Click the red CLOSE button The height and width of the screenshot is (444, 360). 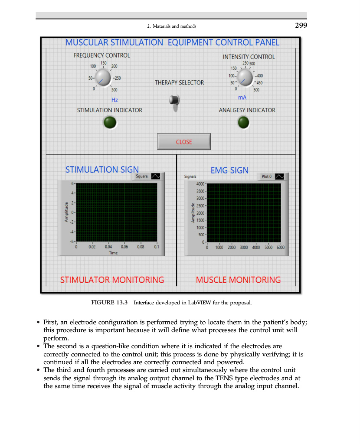pos(184,142)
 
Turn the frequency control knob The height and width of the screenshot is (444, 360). pos(102,78)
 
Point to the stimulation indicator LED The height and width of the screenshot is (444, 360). pos(110,123)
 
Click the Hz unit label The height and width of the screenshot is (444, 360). pos(115,100)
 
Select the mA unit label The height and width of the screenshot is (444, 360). pos(242,98)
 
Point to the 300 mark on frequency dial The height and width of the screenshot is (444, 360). pos(114,90)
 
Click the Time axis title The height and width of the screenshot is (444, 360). pos(113,252)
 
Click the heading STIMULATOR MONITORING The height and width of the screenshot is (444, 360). pos(112,280)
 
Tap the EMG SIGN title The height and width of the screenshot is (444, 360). pos(229,170)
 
